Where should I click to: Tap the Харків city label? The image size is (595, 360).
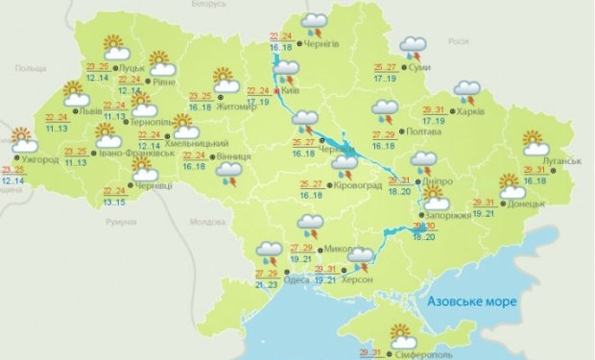click(472, 111)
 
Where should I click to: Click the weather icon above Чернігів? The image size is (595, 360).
click(313, 22)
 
